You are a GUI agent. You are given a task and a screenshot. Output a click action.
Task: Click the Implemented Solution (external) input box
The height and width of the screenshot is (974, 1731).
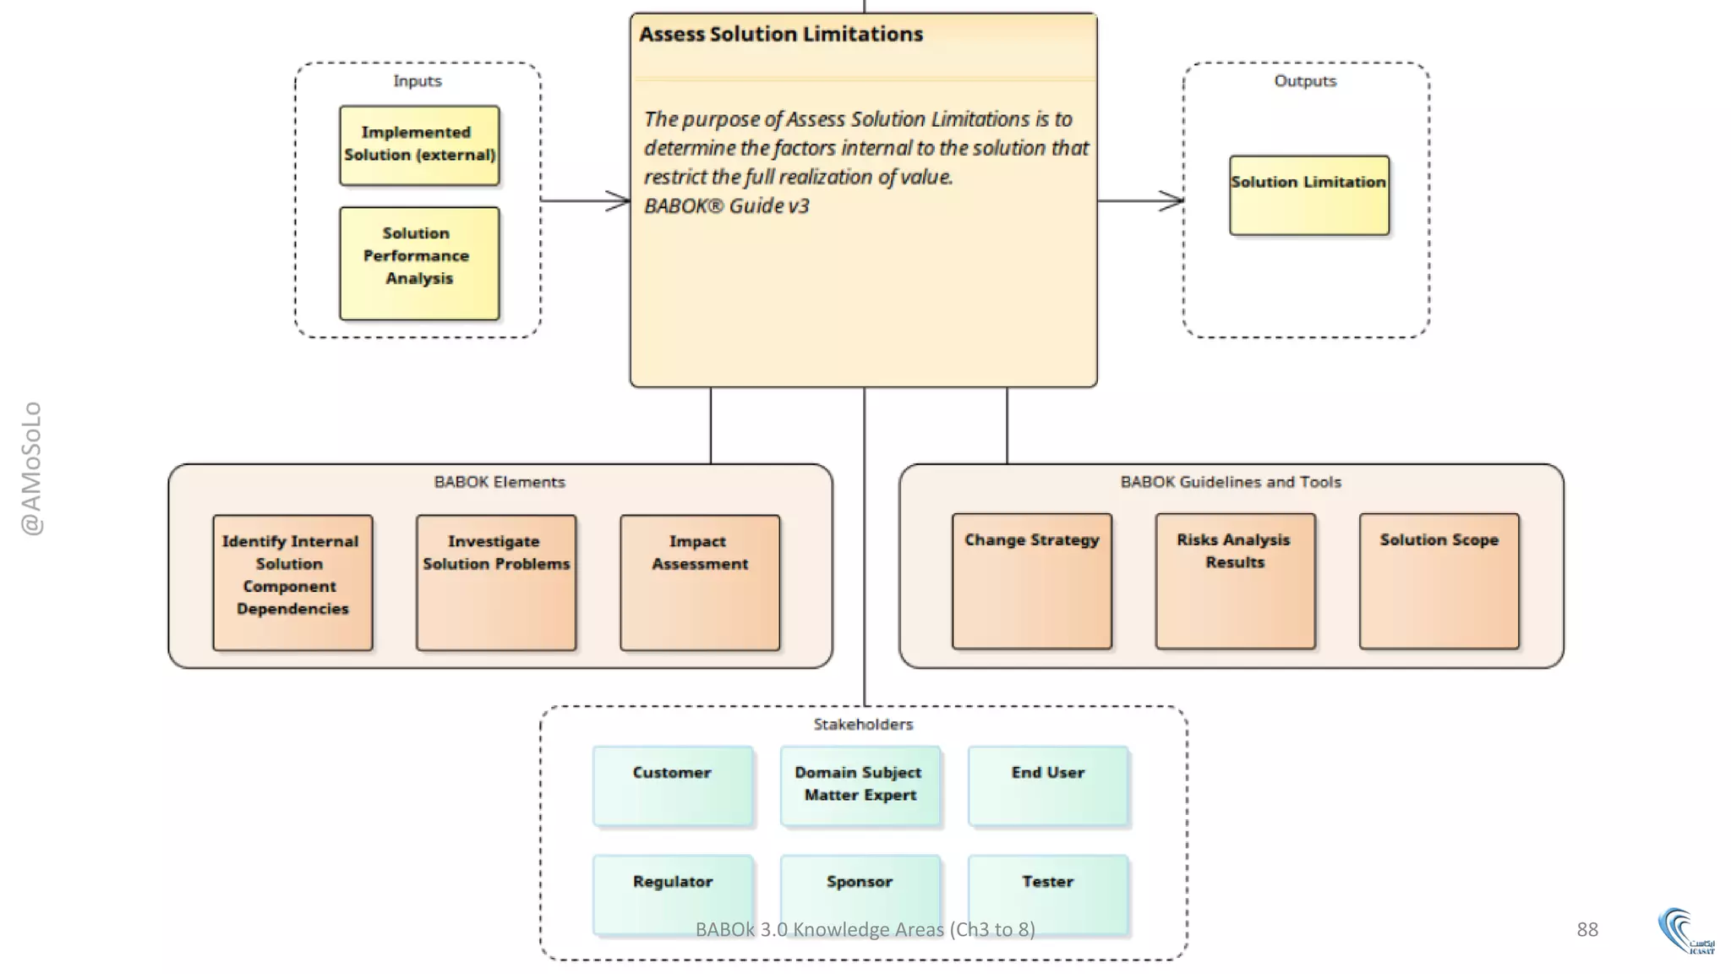coord(419,145)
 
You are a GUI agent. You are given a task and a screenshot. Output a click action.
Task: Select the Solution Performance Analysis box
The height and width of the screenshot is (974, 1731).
coord(419,263)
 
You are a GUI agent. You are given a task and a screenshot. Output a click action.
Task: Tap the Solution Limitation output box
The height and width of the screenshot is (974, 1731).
coord(1308,195)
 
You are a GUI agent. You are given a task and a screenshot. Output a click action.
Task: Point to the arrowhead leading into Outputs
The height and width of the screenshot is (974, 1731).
coord(1172,201)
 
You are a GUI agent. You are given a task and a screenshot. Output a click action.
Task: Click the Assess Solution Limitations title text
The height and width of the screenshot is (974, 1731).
coord(780,35)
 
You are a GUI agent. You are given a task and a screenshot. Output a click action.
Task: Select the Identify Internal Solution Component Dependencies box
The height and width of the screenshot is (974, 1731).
coord(292,583)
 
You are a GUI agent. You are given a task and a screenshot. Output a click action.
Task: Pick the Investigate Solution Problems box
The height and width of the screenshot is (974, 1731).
coord(496,583)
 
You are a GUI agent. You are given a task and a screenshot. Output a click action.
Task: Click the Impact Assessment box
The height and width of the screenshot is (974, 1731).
coord(700,583)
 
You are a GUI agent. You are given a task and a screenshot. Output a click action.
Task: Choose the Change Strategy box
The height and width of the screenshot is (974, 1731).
coord(1031,581)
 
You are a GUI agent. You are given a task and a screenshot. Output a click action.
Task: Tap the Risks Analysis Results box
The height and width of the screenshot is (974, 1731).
coord(1235,581)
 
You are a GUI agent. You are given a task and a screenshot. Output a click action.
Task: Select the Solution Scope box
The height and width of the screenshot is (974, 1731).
coord(1439,581)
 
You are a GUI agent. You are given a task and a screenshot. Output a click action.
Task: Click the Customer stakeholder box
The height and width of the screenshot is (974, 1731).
coord(673,785)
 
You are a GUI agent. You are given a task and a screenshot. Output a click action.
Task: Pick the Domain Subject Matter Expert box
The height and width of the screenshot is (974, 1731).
coord(860,785)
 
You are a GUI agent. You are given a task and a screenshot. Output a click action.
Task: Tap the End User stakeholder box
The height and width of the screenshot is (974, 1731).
coord(1047,785)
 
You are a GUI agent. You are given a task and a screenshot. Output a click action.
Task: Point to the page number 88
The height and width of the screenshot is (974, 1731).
coord(1586,929)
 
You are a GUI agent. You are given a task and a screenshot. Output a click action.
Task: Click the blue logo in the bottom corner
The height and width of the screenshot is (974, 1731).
coord(1684,931)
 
